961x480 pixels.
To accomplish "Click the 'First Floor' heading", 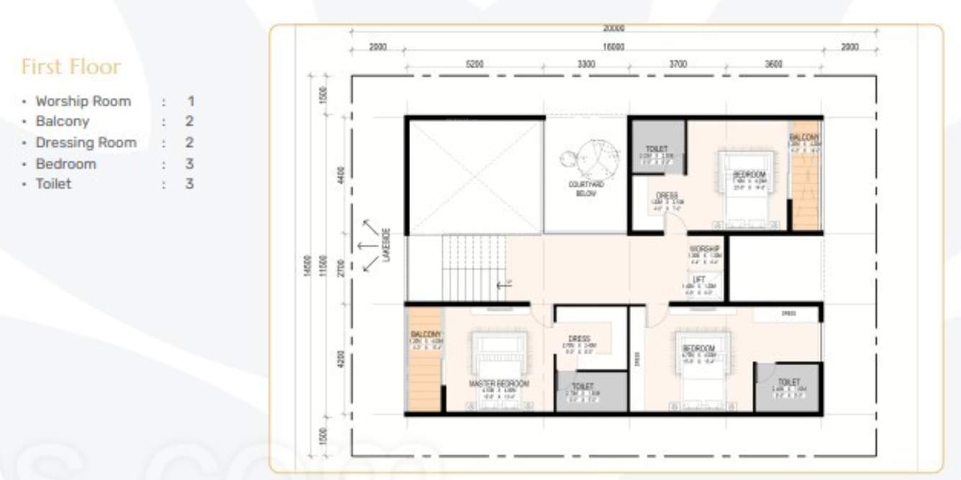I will point(70,67).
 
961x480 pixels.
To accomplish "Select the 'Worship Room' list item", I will point(83,101).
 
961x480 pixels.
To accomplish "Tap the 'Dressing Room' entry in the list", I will point(86,142).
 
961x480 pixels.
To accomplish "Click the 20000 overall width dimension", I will point(613,29).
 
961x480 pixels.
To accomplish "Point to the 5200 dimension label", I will point(474,64).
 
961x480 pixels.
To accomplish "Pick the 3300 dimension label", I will point(586,64).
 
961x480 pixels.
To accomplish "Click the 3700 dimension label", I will point(678,64).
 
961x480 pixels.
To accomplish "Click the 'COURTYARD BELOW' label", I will point(586,189).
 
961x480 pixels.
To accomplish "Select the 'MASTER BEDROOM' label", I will point(498,384).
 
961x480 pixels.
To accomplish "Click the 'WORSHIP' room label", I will point(704,249).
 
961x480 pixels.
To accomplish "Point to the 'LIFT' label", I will point(698,280).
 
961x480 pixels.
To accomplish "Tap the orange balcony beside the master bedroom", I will point(425,359).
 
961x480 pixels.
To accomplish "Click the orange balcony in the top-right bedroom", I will point(805,183).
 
